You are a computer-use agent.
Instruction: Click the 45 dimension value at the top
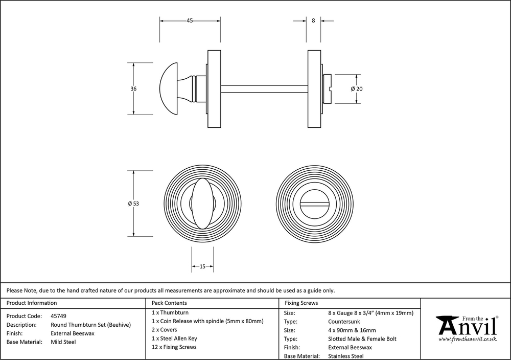point(190,21)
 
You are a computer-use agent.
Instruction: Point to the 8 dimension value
point(313,21)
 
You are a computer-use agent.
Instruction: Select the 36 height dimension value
point(133,88)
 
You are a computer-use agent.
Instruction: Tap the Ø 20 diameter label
point(356,88)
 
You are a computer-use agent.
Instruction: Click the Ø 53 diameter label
point(133,204)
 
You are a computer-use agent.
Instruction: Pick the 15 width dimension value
point(202,266)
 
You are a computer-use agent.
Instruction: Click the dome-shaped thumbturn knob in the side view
point(172,88)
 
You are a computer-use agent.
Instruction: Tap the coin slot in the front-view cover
point(314,204)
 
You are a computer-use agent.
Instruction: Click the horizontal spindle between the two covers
point(264,88)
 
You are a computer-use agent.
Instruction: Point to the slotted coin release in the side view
point(328,88)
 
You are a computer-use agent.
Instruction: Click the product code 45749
point(58,316)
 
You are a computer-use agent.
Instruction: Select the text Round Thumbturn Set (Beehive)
point(90,325)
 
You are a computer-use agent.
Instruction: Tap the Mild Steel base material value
point(63,342)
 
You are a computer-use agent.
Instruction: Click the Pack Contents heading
point(169,303)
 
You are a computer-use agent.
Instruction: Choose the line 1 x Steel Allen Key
point(174,339)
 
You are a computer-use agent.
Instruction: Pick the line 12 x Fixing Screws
point(174,347)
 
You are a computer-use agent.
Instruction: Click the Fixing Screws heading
point(301,303)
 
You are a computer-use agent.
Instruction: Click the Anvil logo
point(467,327)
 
